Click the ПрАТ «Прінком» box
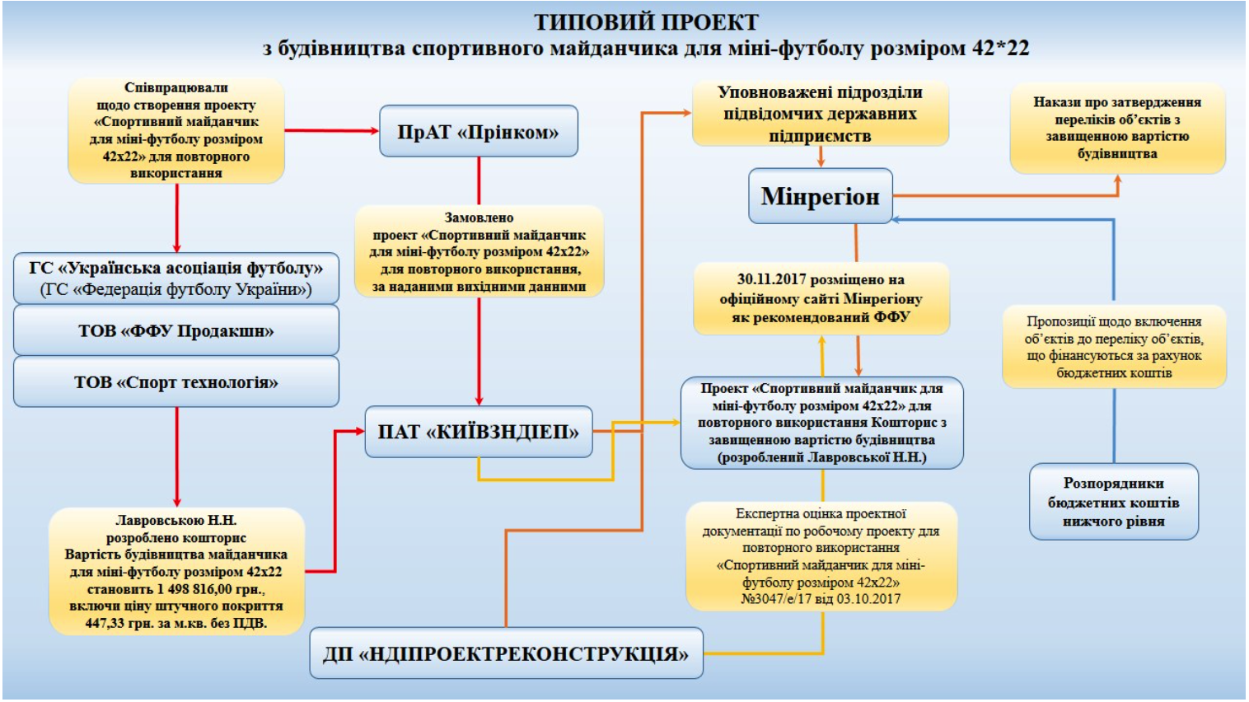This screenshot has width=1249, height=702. (x=478, y=132)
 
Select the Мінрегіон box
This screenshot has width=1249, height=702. (x=820, y=196)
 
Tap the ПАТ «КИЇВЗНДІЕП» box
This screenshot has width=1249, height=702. (x=478, y=432)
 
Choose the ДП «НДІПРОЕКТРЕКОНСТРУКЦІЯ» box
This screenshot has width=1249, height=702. (x=506, y=654)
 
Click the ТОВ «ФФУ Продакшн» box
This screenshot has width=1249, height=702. (x=175, y=331)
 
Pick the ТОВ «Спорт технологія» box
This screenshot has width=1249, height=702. (x=175, y=382)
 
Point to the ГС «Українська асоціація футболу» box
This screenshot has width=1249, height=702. (x=175, y=278)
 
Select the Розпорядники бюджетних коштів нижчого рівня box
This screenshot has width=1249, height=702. (x=1113, y=502)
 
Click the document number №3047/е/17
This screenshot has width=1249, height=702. (x=774, y=599)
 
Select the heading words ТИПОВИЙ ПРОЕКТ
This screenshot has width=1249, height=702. (x=646, y=22)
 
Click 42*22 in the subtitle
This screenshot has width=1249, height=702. (x=1000, y=49)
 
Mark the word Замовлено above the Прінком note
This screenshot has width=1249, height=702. (x=479, y=218)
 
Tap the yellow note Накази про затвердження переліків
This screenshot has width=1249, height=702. (x=1117, y=128)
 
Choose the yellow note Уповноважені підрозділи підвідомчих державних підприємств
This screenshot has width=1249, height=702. (x=820, y=114)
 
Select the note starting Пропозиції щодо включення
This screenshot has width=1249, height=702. (x=1114, y=347)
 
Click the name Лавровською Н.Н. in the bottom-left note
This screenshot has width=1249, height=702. (x=175, y=521)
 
